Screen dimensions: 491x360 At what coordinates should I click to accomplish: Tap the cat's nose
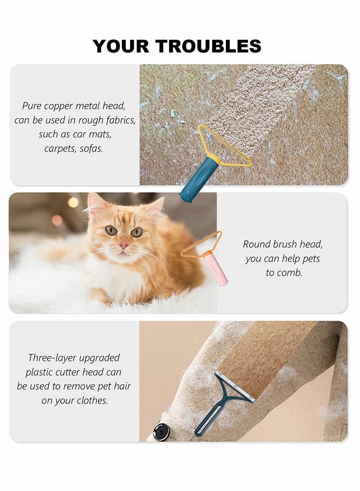(123, 246)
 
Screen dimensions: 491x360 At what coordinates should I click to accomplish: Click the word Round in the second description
(255, 244)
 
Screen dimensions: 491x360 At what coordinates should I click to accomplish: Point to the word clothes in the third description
(93, 401)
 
